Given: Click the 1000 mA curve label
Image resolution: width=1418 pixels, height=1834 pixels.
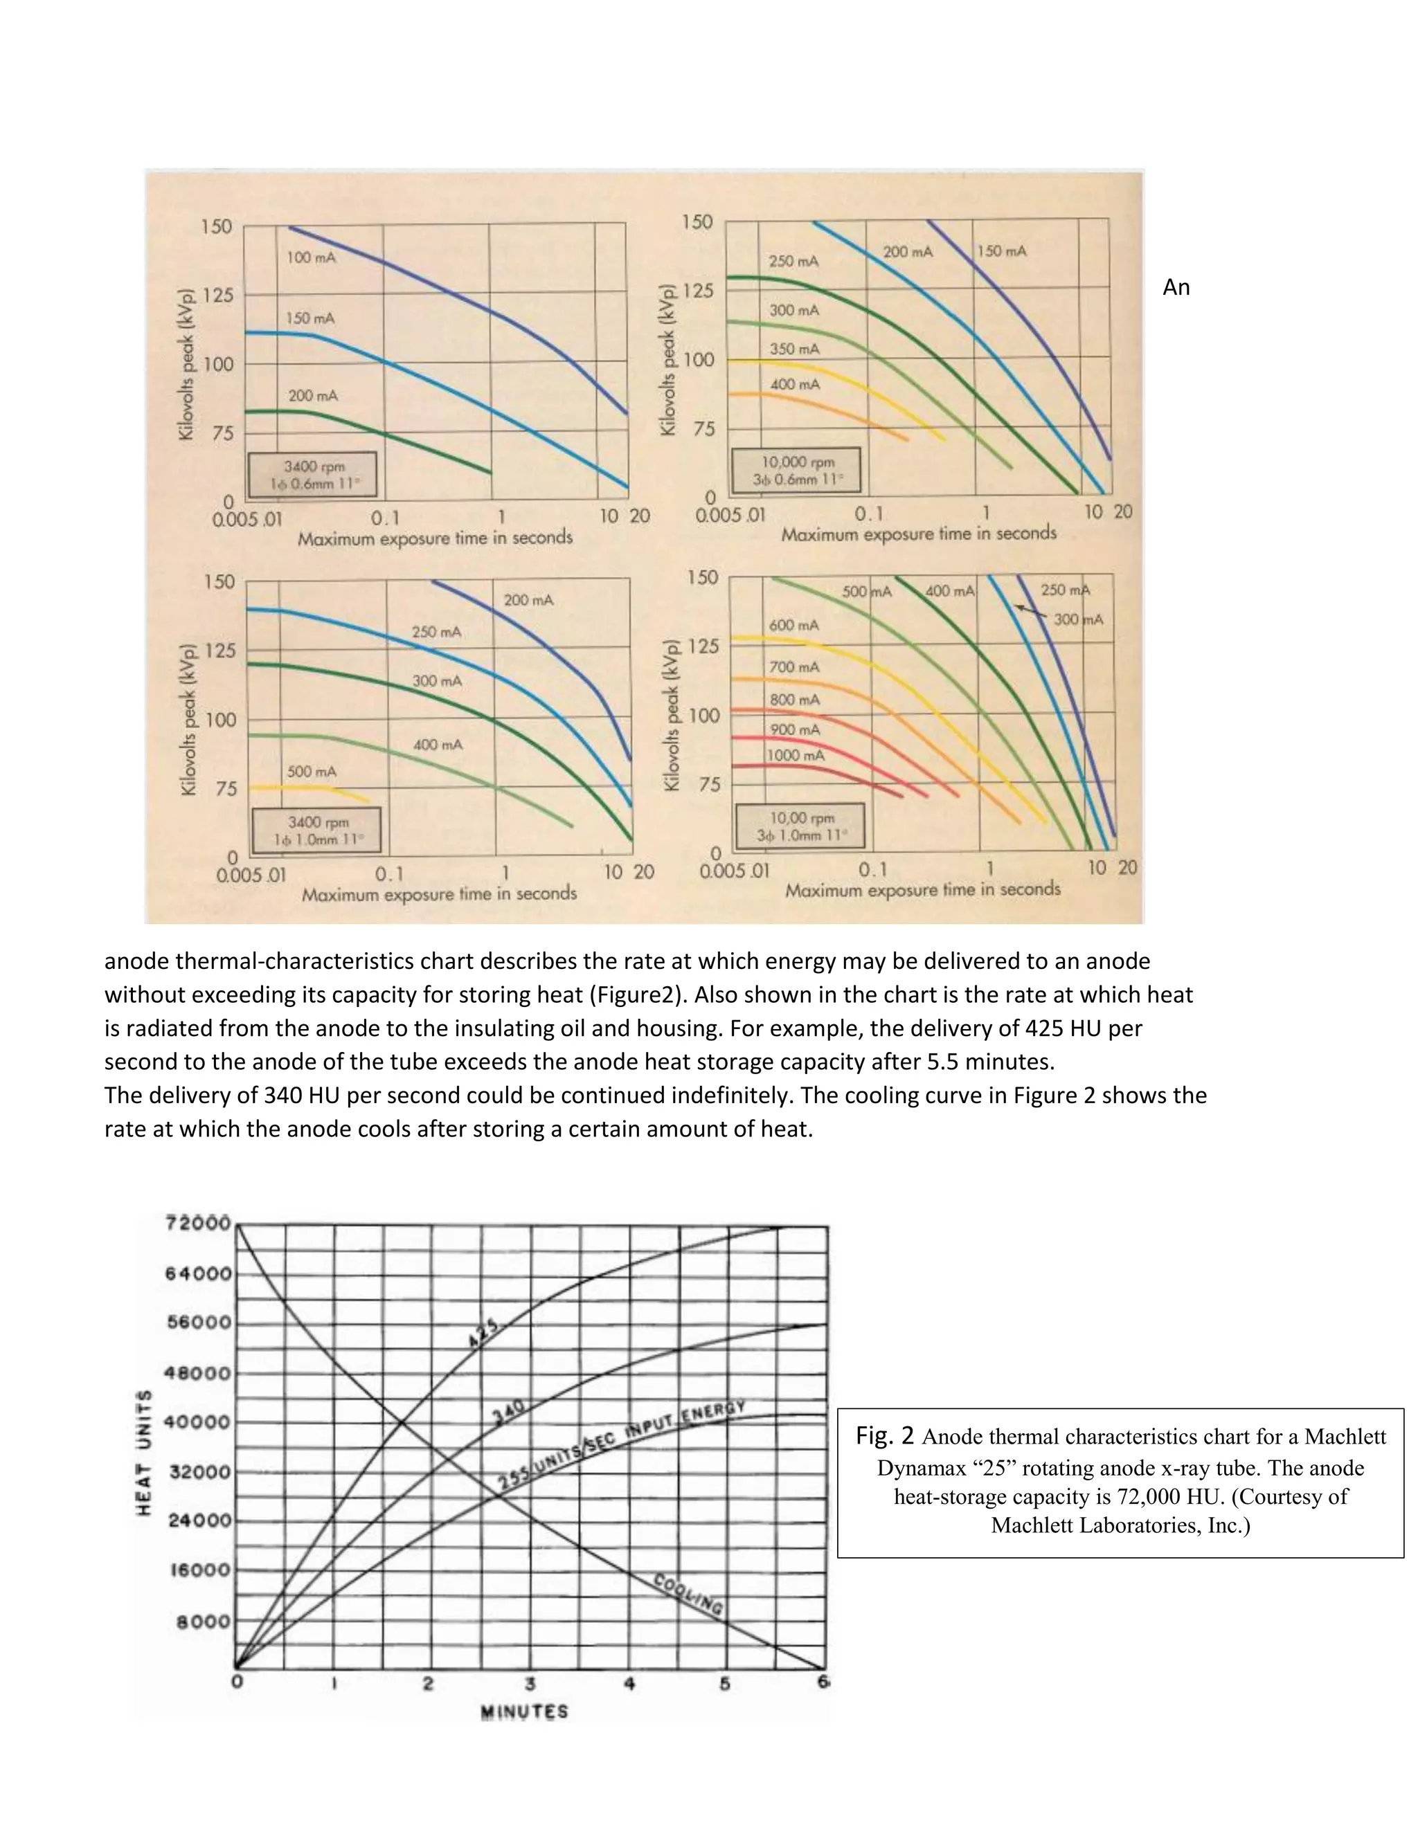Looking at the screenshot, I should pyautogui.click(x=796, y=755).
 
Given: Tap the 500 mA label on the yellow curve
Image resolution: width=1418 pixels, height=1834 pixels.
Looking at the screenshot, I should pyautogui.click(x=312, y=771).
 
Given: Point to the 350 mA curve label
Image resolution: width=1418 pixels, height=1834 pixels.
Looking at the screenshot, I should pyautogui.click(x=794, y=349).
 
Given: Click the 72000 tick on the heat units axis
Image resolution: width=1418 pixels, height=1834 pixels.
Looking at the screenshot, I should pyautogui.click(x=198, y=1223).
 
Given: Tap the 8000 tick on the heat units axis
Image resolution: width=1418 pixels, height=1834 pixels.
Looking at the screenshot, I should pyautogui.click(x=204, y=1621).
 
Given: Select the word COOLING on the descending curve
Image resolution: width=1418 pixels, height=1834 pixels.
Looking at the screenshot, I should pyautogui.click(x=688, y=1594).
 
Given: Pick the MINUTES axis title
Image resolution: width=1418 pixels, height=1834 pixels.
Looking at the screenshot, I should pyautogui.click(x=524, y=1712).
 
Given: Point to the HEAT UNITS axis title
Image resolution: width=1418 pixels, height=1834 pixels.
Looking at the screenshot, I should pyautogui.click(x=145, y=1452).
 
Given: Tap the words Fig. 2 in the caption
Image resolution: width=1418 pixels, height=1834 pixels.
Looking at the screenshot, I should pyautogui.click(x=885, y=1436).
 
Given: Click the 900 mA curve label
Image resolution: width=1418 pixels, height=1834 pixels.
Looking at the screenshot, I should pyautogui.click(x=795, y=729).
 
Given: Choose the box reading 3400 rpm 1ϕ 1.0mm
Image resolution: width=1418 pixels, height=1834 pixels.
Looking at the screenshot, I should pyautogui.click(x=316, y=830).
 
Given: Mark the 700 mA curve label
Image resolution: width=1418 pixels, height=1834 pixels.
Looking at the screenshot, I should pyautogui.click(x=794, y=666).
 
